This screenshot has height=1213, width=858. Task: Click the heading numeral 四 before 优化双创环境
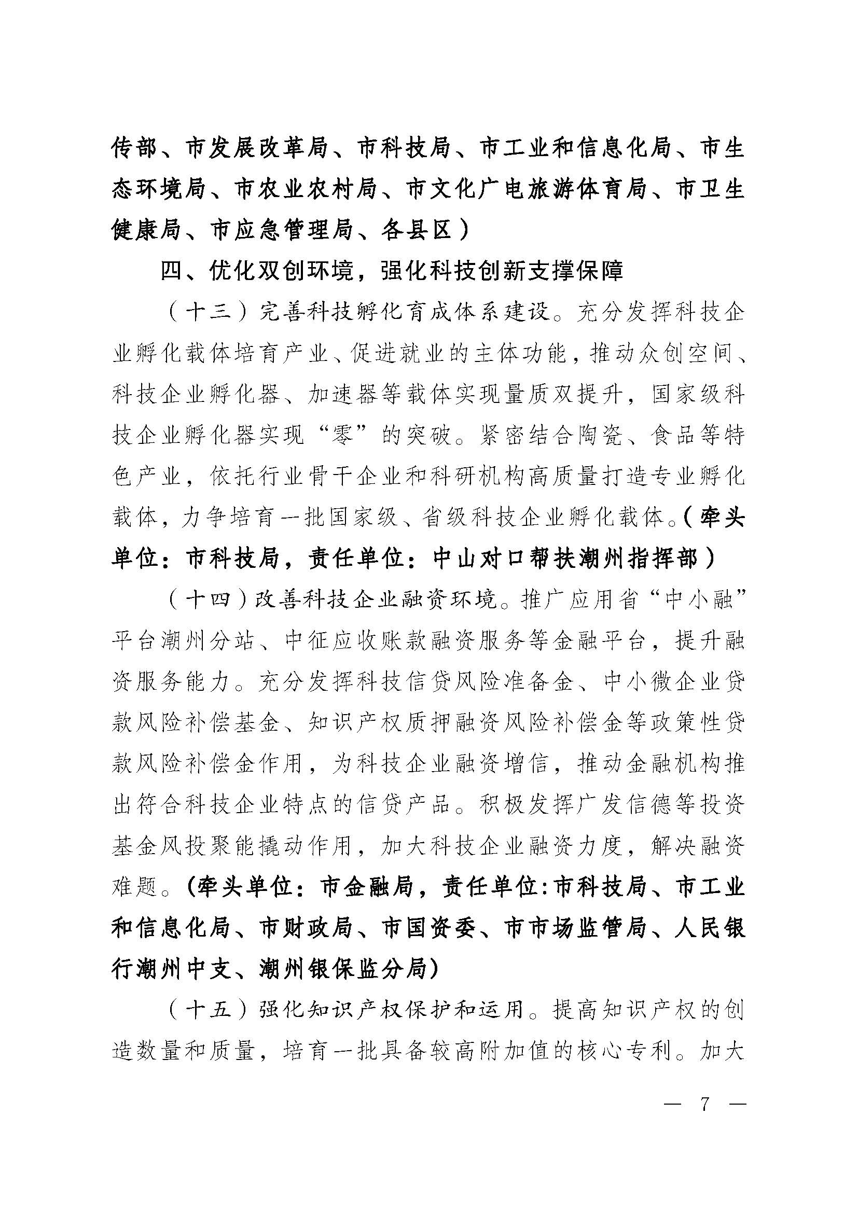(172, 271)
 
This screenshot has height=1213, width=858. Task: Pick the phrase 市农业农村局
(306, 190)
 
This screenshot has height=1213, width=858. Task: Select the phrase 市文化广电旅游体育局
(527, 190)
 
